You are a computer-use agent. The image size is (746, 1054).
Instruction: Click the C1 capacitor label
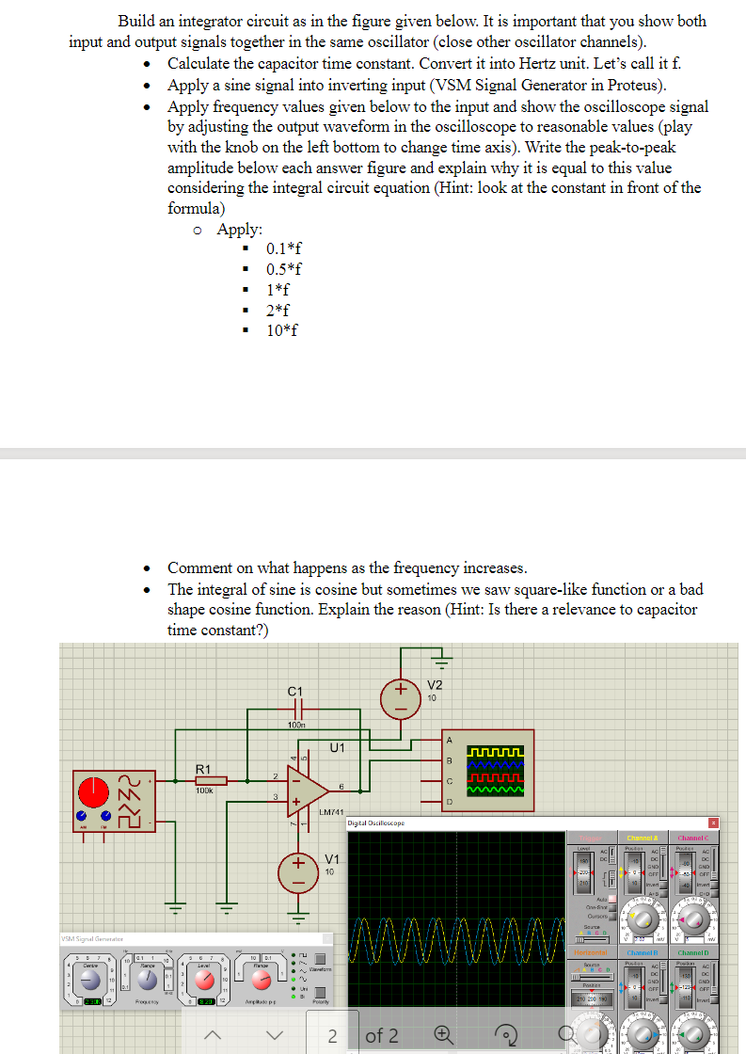click(295, 693)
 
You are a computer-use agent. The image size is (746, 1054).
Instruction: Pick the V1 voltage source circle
click(298, 864)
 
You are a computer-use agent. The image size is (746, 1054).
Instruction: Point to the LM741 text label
click(333, 811)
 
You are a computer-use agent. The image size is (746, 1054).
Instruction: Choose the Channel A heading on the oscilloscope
click(642, 838)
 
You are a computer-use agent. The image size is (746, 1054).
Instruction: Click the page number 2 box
click(333, 1036)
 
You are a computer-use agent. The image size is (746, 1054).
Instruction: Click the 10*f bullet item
click(283, 329)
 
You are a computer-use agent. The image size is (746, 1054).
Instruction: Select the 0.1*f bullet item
click(284, 248)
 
